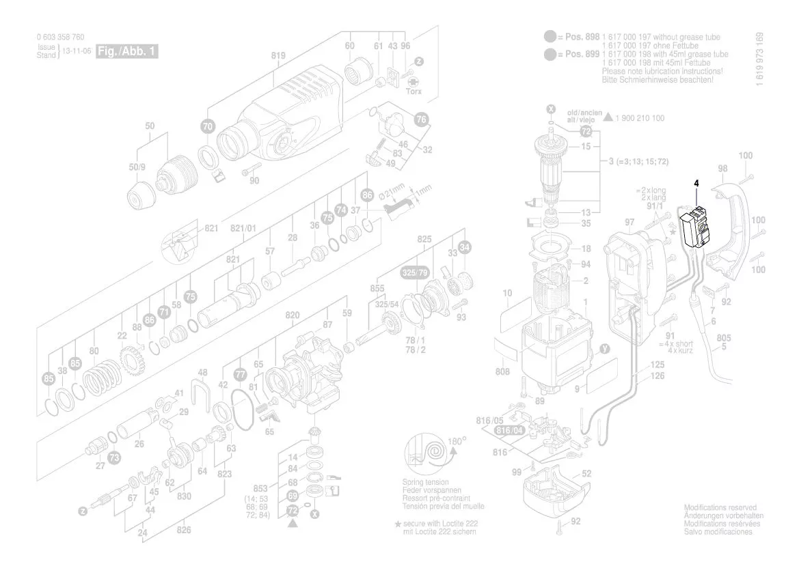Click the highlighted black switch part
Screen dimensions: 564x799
point(696,228)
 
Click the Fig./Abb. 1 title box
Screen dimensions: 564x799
point(127,52)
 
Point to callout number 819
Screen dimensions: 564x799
point(278,56)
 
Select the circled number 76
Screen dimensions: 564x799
point(422,119)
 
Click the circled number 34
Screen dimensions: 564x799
point(465,246)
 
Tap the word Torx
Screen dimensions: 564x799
point(414,91)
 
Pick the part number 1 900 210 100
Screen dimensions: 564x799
point(639,118)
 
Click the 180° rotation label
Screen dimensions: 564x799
point(457,440)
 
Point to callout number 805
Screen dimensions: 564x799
point(724,338)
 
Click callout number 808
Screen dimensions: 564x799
point(503,373)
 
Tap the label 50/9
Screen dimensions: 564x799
point(137,167)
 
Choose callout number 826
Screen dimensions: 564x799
point(184,530)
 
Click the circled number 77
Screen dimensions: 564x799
point(240,374)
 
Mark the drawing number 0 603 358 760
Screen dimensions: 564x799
point(61,38)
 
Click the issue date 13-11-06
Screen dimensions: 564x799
point(77,51)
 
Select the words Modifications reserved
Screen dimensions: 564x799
point(720,508)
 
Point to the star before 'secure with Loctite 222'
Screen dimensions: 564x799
point(396,523)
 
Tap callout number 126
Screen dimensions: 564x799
point(657,376)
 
